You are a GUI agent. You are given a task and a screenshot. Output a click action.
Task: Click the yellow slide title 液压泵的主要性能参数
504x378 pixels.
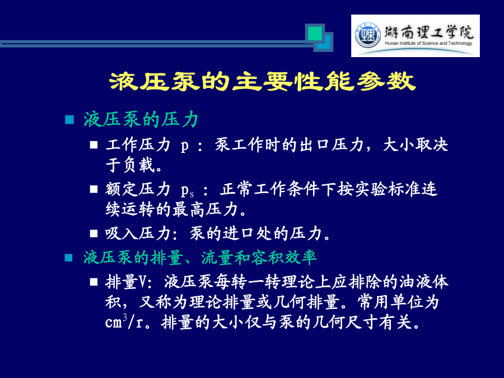(x=262, y=81)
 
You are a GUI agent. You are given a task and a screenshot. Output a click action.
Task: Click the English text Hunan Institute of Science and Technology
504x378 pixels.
(x=428, y=43)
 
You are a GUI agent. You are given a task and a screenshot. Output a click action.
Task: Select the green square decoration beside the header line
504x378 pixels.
(x=315, y=34)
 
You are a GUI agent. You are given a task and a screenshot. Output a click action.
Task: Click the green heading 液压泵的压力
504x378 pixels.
(x=141, y=120)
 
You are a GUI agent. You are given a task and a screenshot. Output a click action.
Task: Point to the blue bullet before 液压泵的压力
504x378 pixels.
(x=69, y=120)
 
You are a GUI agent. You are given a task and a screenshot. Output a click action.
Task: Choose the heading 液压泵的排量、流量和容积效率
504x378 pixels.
(x=200, y=258)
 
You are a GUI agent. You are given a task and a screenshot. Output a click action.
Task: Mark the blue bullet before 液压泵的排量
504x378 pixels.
(x=69, y=258)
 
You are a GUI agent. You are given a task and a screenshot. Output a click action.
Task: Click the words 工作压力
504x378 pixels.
(x=138, y=144)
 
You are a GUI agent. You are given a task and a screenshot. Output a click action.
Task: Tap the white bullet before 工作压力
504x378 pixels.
(x=94, y=145)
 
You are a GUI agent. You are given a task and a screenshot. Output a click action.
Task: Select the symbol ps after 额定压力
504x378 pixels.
(x=187, y=190)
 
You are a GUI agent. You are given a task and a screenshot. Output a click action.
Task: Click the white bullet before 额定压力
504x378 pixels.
(x=94, y=189)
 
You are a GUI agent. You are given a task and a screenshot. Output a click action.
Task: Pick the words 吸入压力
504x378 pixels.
(x=138, y=233)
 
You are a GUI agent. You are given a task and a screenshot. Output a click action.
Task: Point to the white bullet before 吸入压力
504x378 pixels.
(x=94, y=234)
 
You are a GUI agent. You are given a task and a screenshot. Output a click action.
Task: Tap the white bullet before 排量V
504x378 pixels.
(x=94, y=282)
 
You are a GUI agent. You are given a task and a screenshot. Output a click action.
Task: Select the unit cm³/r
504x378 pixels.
(x=124, y=321)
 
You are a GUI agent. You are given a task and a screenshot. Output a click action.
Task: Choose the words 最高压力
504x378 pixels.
(x=205, y=209)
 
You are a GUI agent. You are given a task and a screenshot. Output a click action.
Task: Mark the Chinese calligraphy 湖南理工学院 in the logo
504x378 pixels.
(x=429, y=32)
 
